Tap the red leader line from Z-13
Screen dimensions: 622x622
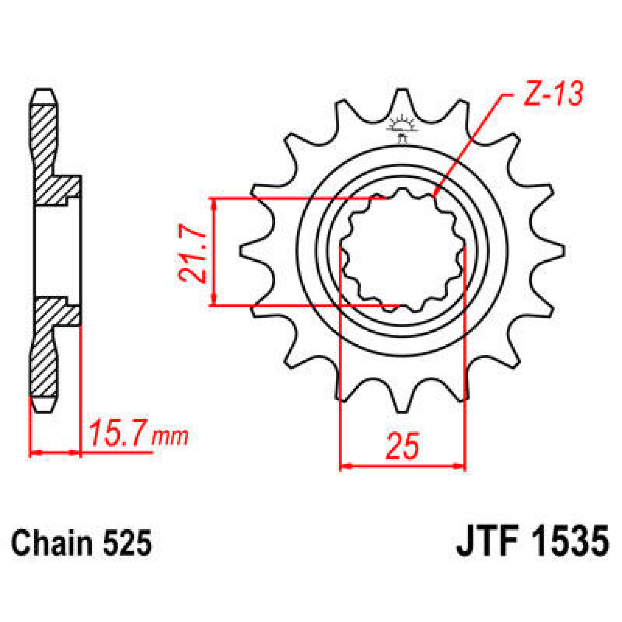469,145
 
